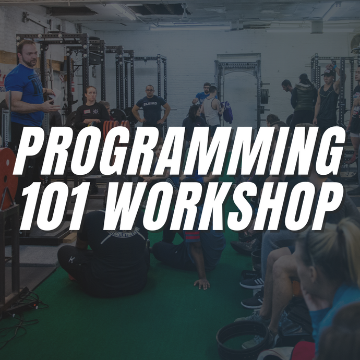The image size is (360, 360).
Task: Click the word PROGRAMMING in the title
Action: (179, 150)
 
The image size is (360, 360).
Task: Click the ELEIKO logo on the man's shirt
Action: (150, 104)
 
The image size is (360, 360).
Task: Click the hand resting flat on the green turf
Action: (202, 284)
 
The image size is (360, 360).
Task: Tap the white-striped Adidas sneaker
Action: (252, 283)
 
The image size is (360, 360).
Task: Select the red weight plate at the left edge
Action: (8, 178)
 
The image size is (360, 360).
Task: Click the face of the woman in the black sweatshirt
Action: (91, 94)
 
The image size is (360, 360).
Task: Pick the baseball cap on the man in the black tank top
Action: (329, 73)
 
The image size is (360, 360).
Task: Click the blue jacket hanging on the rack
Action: (227, 112)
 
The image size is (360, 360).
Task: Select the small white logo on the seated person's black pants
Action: (71, 259)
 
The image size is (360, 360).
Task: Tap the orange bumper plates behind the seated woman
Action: (116, 128)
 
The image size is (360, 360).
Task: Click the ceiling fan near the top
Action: (184, 14)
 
